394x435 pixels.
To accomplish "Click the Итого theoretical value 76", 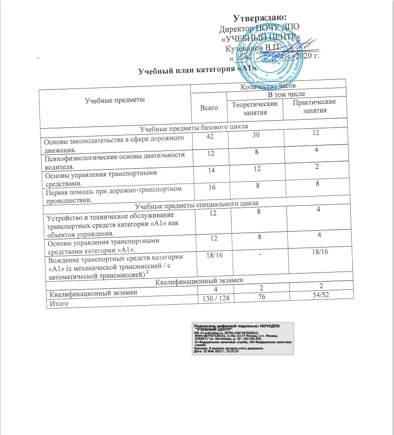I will click(x=255, y=297).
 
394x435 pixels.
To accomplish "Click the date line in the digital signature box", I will click(x=216, y=351).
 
